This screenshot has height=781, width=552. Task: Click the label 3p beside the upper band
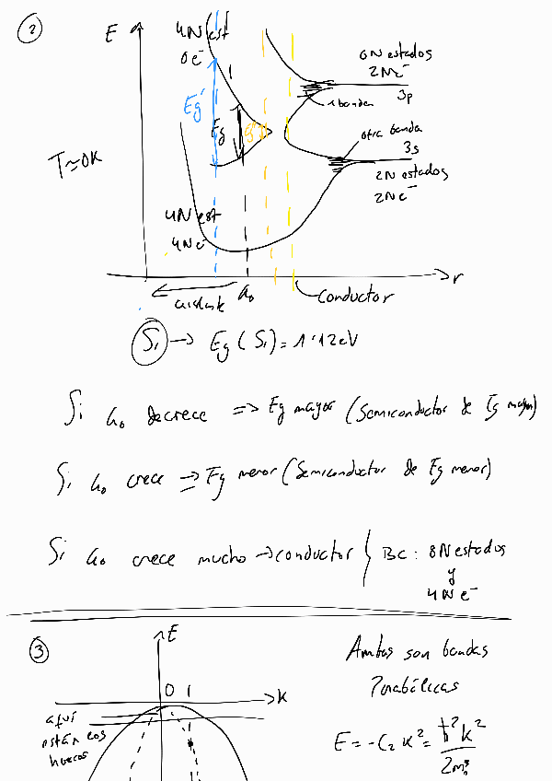[404, 96]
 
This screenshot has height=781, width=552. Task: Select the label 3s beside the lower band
[410, 147]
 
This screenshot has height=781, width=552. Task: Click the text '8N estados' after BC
[464, 551]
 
